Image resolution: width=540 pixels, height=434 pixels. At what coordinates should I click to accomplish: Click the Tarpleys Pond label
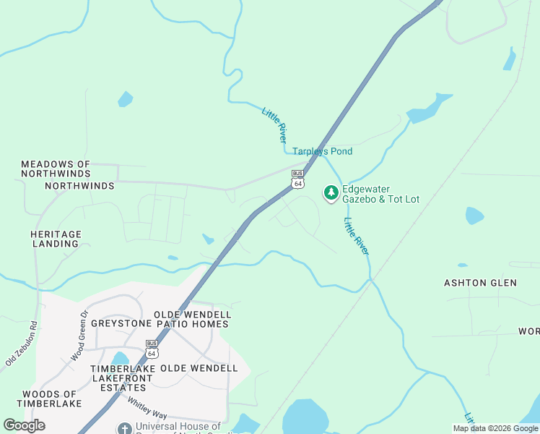[322, 151]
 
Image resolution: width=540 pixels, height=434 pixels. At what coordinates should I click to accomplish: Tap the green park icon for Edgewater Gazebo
[331, 192]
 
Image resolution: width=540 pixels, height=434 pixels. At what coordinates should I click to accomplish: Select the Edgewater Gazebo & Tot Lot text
[381, 193]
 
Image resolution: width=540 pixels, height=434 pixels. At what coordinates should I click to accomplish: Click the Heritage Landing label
[56, 239]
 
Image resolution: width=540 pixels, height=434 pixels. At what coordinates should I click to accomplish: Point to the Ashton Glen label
[480, 283]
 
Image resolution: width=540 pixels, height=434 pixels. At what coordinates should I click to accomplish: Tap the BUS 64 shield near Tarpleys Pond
[297, 179]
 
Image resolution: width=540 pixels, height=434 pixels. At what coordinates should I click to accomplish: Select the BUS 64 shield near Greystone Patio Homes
[151, 349]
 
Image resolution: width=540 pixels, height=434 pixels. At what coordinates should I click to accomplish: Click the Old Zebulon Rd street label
[20, 344]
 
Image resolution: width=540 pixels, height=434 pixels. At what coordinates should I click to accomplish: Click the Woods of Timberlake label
[49, 398]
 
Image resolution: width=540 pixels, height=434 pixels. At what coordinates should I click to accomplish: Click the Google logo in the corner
[24, 425]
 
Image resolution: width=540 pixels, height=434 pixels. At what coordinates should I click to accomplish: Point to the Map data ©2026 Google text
[495, 428]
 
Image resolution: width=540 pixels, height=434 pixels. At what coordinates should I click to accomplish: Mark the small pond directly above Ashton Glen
[474, 216]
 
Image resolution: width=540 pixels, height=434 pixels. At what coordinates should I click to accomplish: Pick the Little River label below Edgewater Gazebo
[356, 236]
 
